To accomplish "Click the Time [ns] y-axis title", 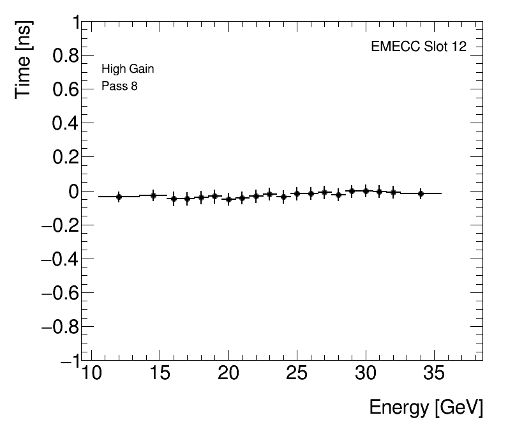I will point(24,59).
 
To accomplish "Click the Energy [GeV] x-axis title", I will point(426,407).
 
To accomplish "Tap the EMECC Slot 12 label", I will point(418,48).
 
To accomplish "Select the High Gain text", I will point(128,69).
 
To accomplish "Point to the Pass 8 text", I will point(119,86).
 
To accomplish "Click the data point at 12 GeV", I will point(119,197).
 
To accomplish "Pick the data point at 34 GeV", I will point(421,193).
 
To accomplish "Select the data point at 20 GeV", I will point(228,199).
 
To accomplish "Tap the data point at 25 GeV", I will point(297,193).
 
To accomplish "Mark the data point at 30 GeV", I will point(366,191).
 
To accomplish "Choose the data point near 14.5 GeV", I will point(153,195).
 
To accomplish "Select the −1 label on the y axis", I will point(66,361).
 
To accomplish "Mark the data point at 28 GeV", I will point(338,195).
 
